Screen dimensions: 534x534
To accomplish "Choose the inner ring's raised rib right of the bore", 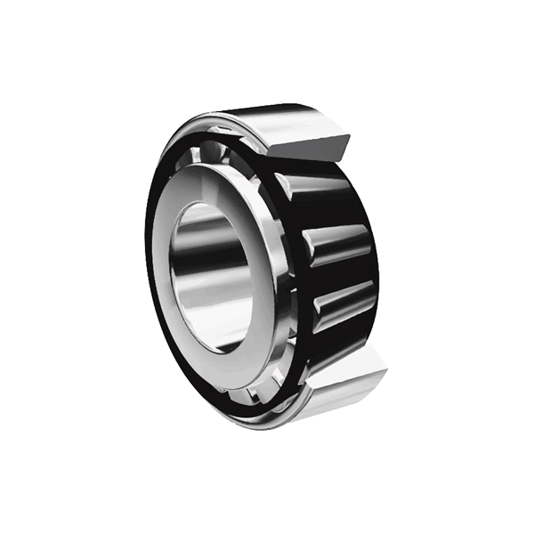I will (x=267, y=267).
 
